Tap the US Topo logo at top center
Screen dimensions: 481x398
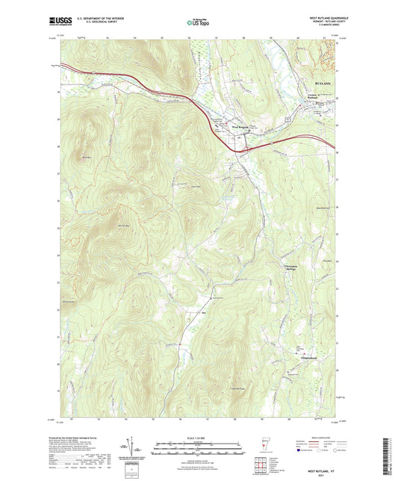tap(196, 23)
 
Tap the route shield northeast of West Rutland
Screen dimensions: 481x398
tap(284, 120)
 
